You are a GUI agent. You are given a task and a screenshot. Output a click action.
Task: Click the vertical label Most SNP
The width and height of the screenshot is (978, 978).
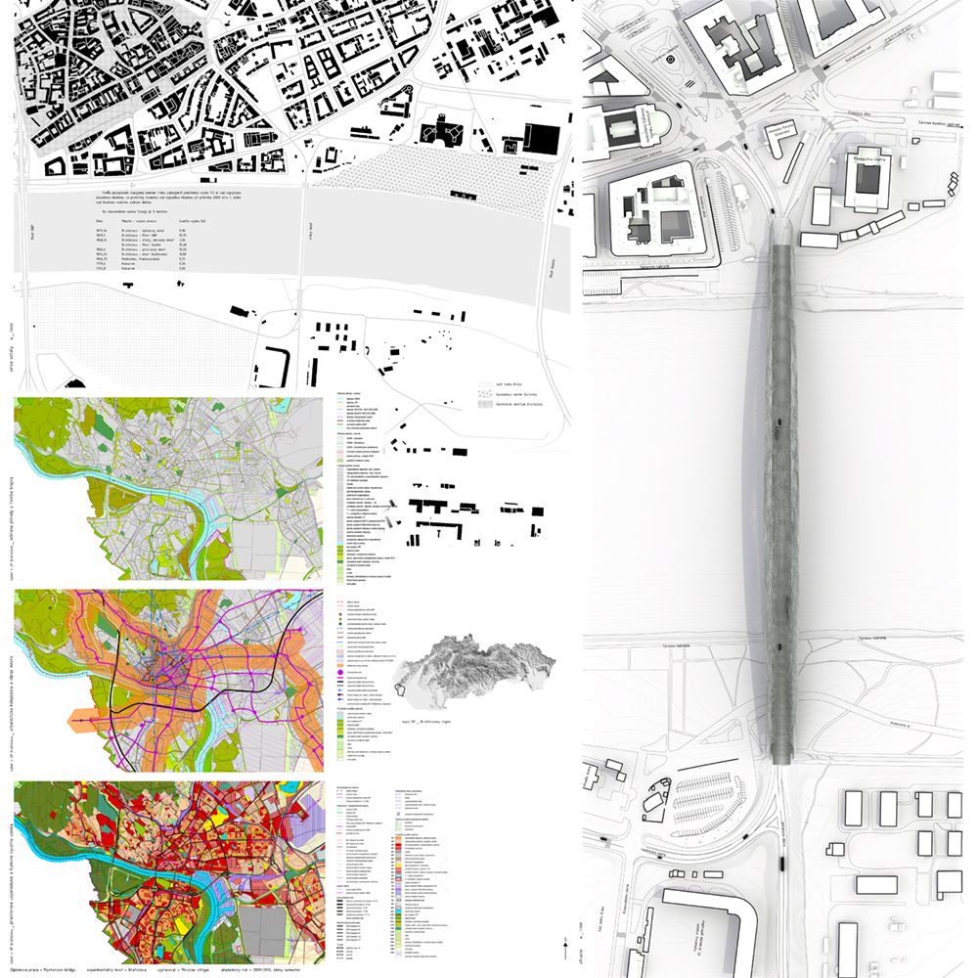(32, 236)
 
